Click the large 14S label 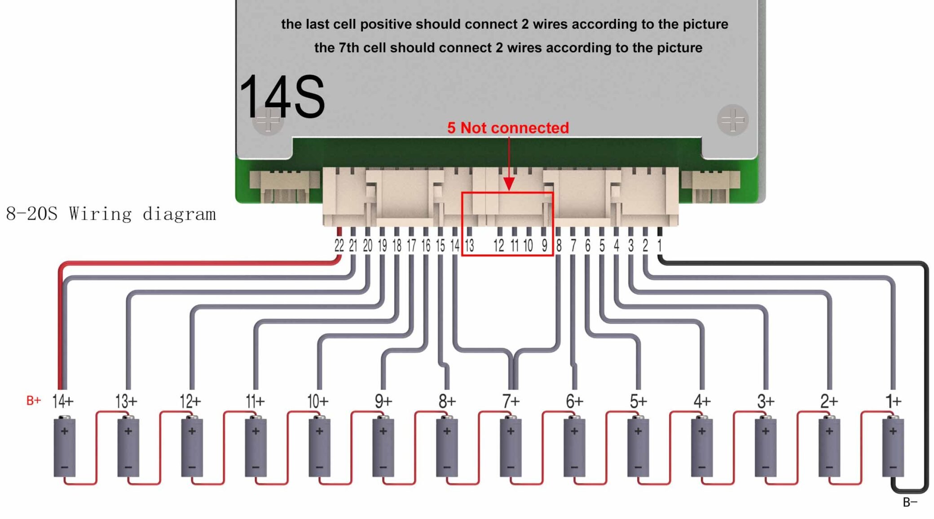(x=282, y=97)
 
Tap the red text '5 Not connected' (x=508, y=128)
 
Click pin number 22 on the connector (x=339, y=246)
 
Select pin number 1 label (x=659, y=246)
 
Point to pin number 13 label (x=469, y=246)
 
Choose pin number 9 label (x=544, y=246)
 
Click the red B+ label (x=34, y=400)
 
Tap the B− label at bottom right (x=910, y=502)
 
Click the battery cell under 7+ (x=511, y=447)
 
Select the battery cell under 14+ (x=64, y=447)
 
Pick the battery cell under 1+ (x=893, y=447)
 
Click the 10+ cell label (x=318, y=401)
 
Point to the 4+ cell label (x=701, y=401)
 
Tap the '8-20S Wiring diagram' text (x=111, y=214)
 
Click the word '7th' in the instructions (x=349, y=48)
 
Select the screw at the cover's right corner (x=732, y=120)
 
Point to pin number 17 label (x=411, y=246)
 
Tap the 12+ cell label (x=190, y=401)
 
